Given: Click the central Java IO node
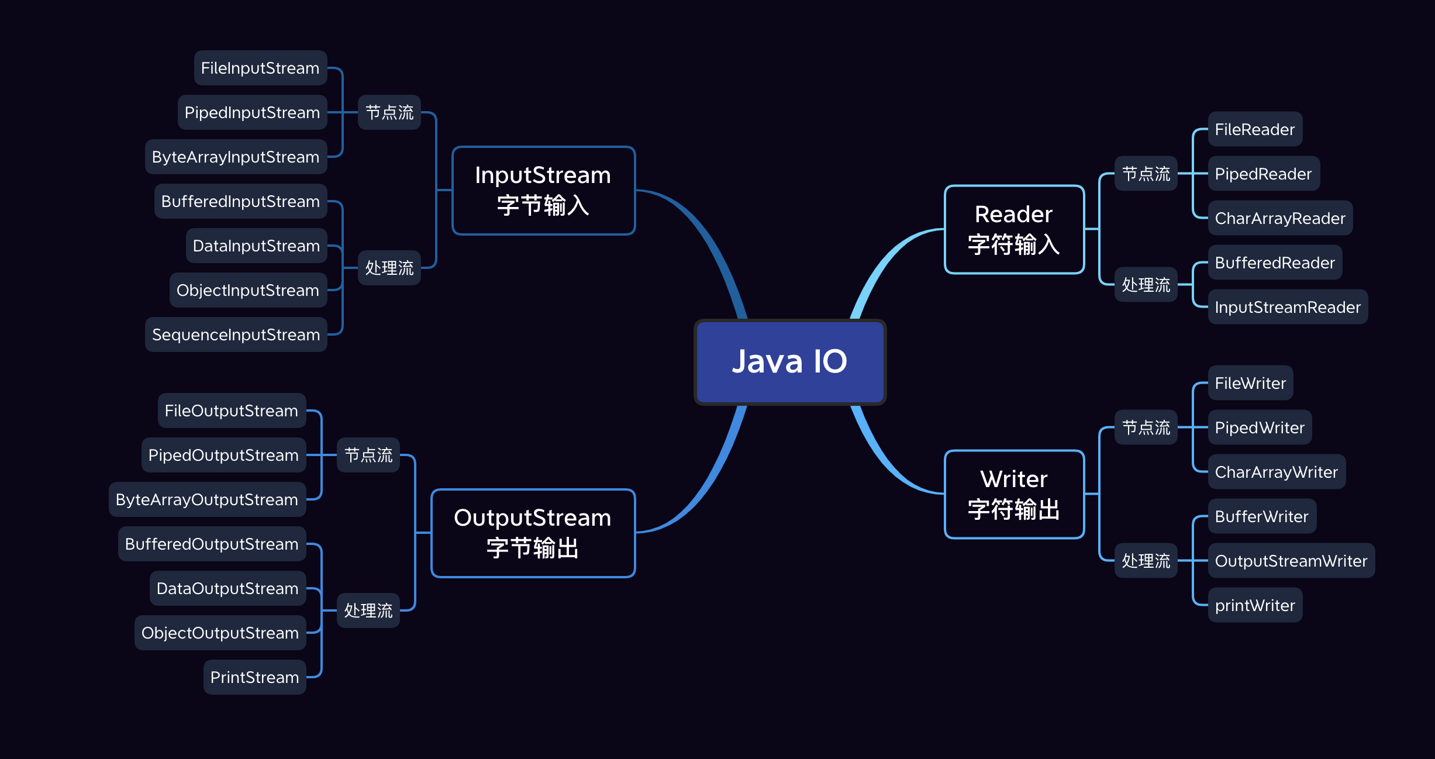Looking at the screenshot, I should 789,361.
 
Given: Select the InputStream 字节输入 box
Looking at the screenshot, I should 543,191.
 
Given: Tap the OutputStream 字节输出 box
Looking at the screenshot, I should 533,533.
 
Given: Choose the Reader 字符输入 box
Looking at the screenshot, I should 1014,229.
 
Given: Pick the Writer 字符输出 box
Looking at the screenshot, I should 1014,494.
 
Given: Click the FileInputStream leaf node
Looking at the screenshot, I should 260,68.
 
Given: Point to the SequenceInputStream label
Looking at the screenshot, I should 236,334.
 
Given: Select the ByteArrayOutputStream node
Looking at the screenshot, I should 207,499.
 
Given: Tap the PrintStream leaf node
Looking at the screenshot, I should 254,677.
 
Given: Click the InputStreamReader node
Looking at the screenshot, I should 1288,307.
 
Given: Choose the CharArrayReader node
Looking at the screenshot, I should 1280,218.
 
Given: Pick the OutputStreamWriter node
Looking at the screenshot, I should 1291,561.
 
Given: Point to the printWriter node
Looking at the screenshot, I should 1255,605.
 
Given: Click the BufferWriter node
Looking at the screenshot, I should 1262,516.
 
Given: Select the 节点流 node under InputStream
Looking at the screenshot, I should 389,112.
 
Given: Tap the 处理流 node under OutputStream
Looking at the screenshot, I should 368,610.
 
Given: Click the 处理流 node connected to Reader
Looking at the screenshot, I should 1146,285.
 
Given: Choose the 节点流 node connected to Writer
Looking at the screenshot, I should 1146,427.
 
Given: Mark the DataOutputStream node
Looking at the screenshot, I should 227,588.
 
